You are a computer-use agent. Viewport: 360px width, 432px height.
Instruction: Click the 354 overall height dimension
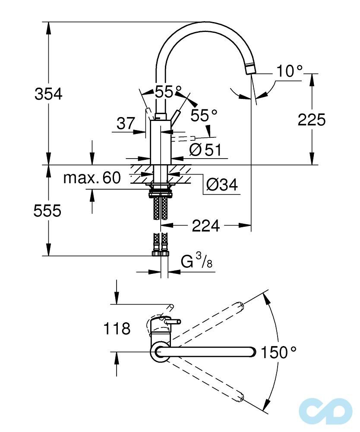click(x=48, y=94)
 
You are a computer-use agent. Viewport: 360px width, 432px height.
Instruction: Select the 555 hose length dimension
click(x=48, y=211)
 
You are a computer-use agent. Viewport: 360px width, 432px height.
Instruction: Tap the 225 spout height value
click(x=312, y=120)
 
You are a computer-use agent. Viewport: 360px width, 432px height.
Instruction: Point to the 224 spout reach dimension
click(x=205, y=225)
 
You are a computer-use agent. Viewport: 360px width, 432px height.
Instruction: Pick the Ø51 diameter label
click(x=205, y=150)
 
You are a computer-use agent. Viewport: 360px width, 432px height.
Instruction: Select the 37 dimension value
click(x=126, y=124)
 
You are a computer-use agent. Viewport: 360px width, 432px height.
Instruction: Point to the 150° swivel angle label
click(x=278, y=353)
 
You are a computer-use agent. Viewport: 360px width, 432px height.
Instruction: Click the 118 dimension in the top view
click(x=117, y=329)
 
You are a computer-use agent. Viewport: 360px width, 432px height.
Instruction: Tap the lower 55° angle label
click(x=204, y=115)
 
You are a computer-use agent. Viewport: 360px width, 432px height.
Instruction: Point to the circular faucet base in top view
click(x=160, y=353)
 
